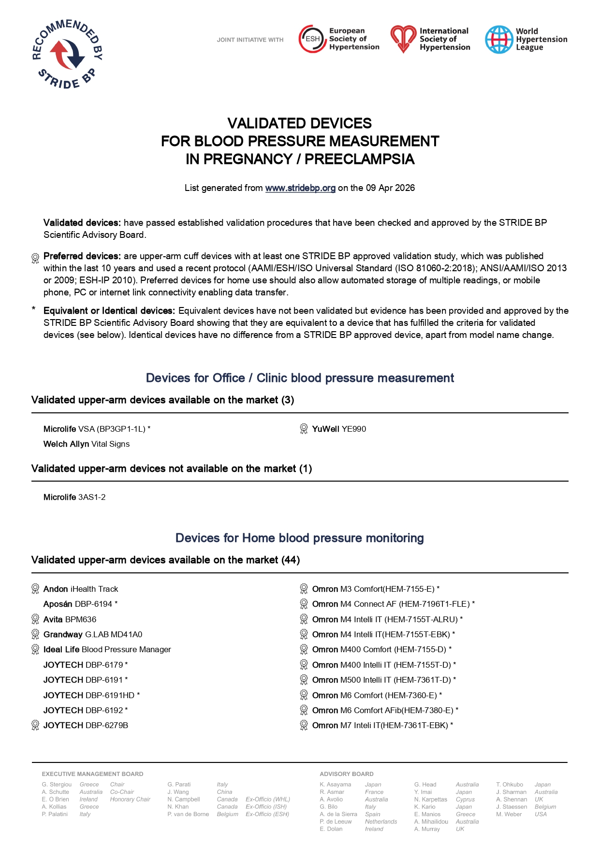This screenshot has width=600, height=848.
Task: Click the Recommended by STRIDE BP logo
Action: (67, 54)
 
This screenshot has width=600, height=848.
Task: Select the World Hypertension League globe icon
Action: (498, 40)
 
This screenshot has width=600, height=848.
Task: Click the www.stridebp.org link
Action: (300, 188)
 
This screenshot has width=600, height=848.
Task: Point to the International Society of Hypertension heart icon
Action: (403, 39)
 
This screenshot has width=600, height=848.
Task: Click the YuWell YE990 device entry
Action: (339, 429)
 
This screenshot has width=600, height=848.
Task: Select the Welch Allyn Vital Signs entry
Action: (87, 444)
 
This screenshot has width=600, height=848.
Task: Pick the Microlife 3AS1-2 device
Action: (74, 497)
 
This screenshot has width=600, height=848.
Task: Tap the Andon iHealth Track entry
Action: (81, 589)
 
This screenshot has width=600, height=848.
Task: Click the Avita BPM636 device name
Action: (70, 619)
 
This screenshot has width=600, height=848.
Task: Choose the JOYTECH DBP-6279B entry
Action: (86, 725)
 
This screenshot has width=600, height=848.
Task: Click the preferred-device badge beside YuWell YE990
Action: (304, 429)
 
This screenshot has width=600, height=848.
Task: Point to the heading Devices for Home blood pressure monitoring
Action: (300, 538)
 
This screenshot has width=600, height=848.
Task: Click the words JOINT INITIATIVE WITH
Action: (250, 40)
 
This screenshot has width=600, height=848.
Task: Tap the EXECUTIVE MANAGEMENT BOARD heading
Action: (92, 774)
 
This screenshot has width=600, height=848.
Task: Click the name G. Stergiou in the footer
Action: (57, 785)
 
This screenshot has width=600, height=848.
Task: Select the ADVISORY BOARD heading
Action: (347, 774)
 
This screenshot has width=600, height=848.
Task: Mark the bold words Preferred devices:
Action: (82, 256)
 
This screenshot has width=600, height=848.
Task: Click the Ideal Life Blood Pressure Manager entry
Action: (107, 649)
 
